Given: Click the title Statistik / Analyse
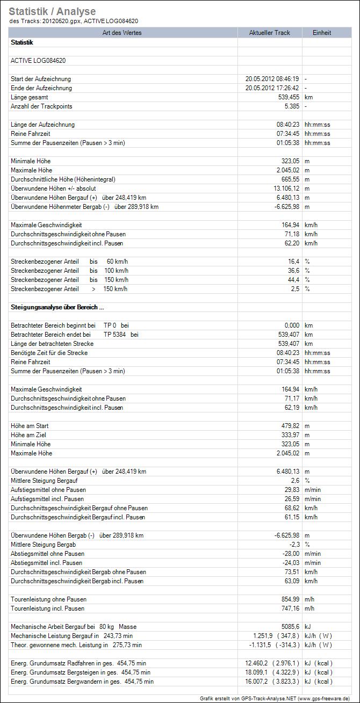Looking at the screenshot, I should click(52, 11).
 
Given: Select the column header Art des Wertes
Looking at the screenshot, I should click(123, 33).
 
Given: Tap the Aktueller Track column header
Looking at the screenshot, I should click(269, 33).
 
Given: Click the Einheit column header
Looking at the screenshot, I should click(322, 33).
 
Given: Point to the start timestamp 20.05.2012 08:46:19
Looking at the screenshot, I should click(272, 79).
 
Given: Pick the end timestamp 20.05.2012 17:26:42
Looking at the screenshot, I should click(272, 88).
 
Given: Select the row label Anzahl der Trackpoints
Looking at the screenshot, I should click(41, 106).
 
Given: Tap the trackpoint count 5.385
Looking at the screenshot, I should click(290, 106).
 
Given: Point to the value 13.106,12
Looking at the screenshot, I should click(285, 189).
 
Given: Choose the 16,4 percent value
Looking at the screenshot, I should click(293, 262).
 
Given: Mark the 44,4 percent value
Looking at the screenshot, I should click(293, 280).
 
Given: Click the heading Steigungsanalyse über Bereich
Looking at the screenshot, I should click(57, 307).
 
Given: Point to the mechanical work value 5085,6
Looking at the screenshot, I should click(290, 627).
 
